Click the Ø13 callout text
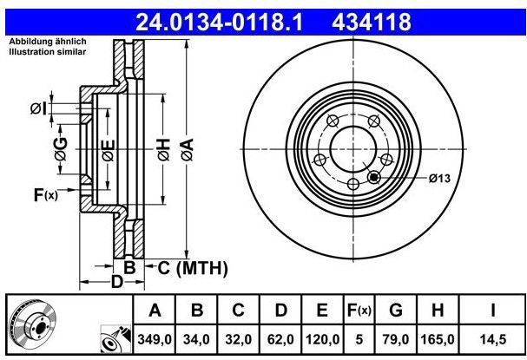tap(438, 179)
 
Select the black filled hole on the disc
tap(373, 178)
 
